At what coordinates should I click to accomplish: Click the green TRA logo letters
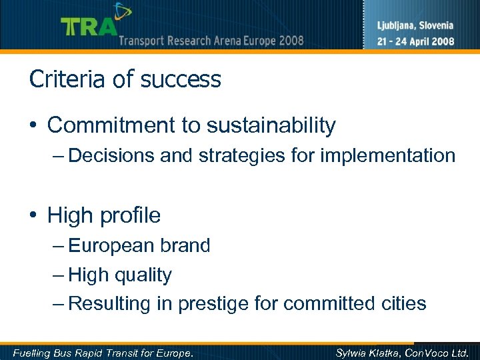[89, 27]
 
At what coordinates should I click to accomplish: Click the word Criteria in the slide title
[63, 79]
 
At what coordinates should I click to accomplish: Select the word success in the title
[181, 79]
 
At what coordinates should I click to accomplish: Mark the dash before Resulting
[59, 304]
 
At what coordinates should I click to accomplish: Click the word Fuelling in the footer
[33, 352]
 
